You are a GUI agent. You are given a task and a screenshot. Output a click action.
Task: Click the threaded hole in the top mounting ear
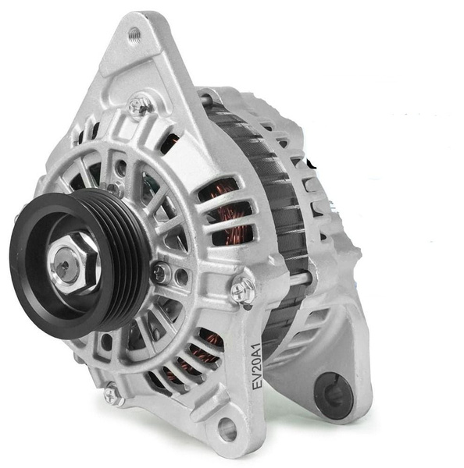(x=134, y=34)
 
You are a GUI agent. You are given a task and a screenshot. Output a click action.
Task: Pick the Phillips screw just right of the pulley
(x=160, y=273)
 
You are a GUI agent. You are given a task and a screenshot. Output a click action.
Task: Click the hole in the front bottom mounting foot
(x=227, y=427)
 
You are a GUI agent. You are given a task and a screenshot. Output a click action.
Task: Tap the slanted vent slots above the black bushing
(x=320, y=328)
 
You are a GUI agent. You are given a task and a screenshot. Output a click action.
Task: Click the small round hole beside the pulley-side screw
(x=181, y=275)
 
